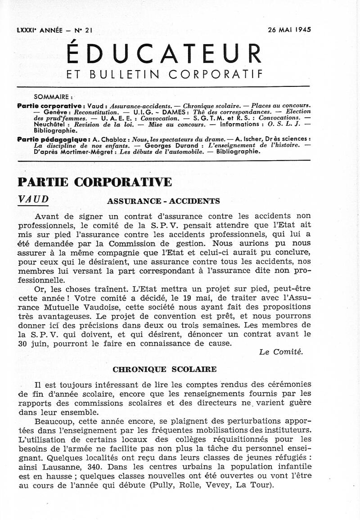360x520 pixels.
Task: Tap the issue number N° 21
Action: [82, 30]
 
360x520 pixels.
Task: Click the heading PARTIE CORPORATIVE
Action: [94, 182]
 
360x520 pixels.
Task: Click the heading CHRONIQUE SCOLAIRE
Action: [164, 369]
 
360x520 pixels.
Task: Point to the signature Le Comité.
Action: [281, 352]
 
